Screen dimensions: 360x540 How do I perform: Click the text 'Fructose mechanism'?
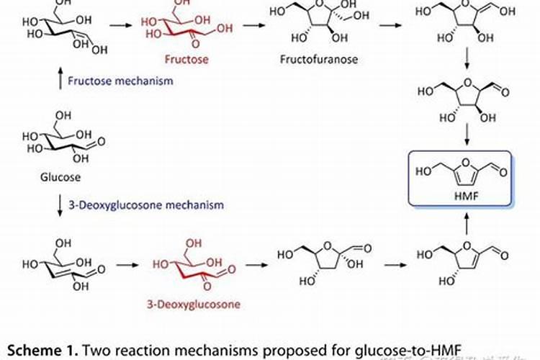pos(120,81)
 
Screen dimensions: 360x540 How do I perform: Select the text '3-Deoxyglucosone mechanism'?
pos(145,205)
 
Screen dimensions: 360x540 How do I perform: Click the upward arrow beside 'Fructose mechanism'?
pos(59,80)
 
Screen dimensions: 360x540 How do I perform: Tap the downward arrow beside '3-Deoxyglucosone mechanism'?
pos(59,205)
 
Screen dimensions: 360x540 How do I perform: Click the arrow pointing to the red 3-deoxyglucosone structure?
pos(127,265)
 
